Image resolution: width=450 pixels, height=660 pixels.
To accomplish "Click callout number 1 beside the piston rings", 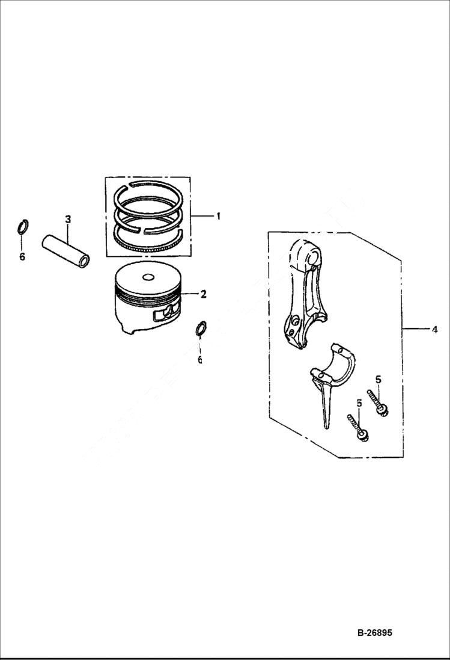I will click(x=218, y=216).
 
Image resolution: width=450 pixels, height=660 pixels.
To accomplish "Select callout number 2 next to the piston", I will click(x=204, y=294).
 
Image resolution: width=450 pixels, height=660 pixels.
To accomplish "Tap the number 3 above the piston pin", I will click(x=67, y=220).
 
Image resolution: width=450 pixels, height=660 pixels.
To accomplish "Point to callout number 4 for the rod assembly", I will click(x=434, y=329).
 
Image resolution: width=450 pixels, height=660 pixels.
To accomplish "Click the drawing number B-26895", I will click(x=374, y=633).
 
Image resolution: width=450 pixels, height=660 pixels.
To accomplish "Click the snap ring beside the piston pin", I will click(x=22, y=228).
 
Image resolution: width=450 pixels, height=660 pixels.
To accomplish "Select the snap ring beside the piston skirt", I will click(x=201, y=328).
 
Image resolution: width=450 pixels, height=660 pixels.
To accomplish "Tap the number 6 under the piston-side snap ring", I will click(x=200, y=360).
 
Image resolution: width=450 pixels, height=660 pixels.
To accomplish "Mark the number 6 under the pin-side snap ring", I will click(x=22, y=256).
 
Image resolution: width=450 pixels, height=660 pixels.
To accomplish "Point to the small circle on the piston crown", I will click(x=147, y=278).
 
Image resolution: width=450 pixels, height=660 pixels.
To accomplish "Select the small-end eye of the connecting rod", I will click(x=312, y=258).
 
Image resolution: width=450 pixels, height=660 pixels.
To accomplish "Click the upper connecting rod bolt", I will click(x=377, y=402).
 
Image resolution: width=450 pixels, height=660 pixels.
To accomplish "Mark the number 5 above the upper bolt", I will click(x=378, y=379).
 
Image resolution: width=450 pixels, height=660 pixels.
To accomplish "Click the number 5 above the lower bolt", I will click(x=359, y=404).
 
